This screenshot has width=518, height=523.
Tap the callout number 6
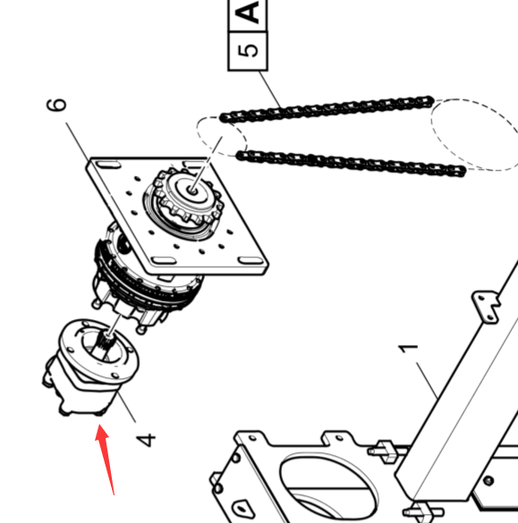point(56,104)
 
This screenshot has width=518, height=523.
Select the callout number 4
point(146,439)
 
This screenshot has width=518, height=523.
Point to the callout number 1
point(409,349)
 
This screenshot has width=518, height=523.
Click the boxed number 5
point(247,51)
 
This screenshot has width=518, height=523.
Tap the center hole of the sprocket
point(191,190)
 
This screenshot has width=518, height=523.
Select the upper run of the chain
point(327,109)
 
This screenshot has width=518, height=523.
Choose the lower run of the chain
point(351,164)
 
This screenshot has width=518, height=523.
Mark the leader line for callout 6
point(78,141)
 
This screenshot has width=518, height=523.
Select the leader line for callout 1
point(428,380)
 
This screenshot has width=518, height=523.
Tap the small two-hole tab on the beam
point(487,307)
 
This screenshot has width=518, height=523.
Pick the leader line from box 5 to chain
point(269,89)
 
